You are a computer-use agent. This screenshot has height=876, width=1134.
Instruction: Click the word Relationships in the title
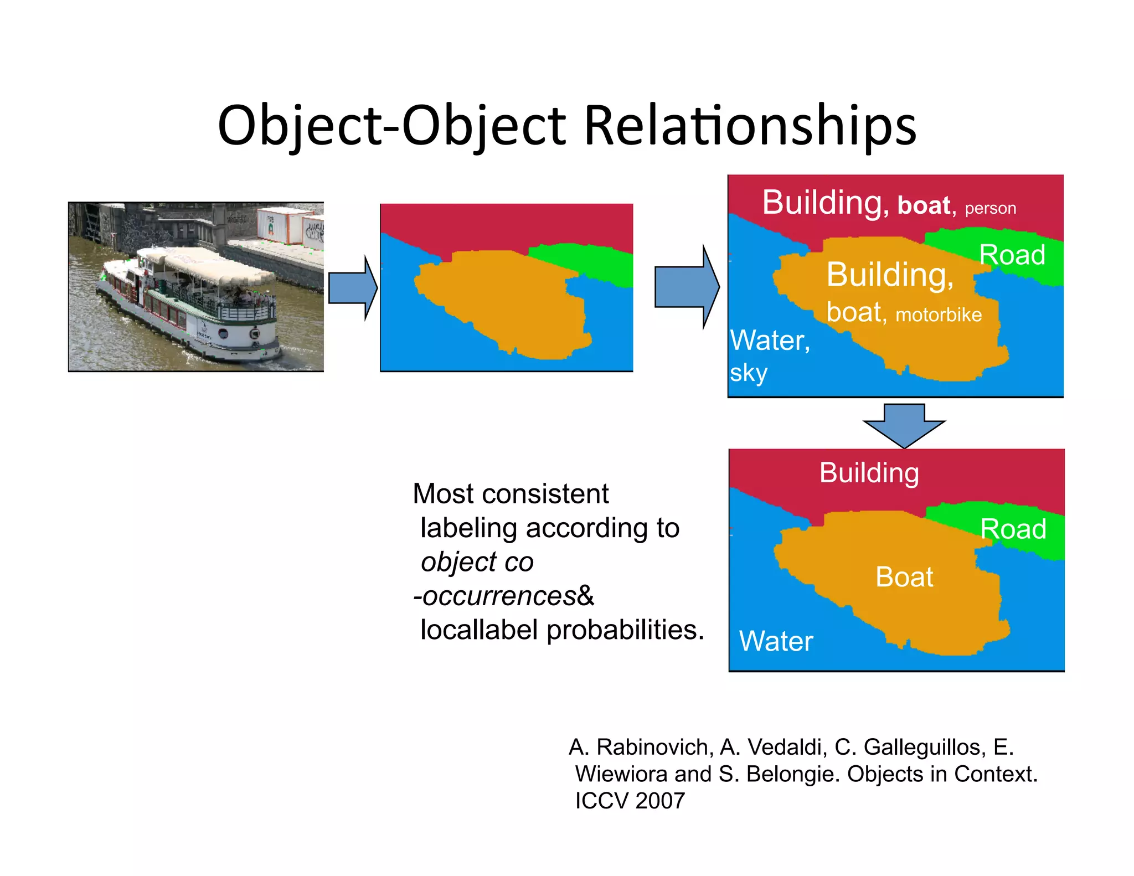(x=750, y=126)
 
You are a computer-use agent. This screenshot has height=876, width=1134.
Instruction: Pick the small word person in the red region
(x=990, y=208)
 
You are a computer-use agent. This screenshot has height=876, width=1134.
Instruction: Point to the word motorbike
(x=939, y=315)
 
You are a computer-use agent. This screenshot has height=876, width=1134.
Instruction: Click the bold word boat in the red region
(x=924, y=205)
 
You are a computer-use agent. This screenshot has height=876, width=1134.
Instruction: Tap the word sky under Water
(x=748, y=373)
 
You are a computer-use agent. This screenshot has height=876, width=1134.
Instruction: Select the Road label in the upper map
(x=1012, y=255)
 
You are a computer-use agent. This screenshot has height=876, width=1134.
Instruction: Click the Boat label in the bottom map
(x=904, y=577)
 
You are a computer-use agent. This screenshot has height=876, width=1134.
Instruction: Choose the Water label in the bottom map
(x=776, y=641)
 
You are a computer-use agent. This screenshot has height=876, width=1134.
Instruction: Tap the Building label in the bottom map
(x=869, y=473)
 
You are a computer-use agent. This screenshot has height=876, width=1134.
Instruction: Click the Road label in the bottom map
(x=1013, y=529)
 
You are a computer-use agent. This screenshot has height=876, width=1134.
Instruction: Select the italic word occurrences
(x=499, y=596)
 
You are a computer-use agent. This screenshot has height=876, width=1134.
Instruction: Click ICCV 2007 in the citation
(x=630, y=801)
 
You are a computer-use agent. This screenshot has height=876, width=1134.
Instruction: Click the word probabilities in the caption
(x=625, y=630)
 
